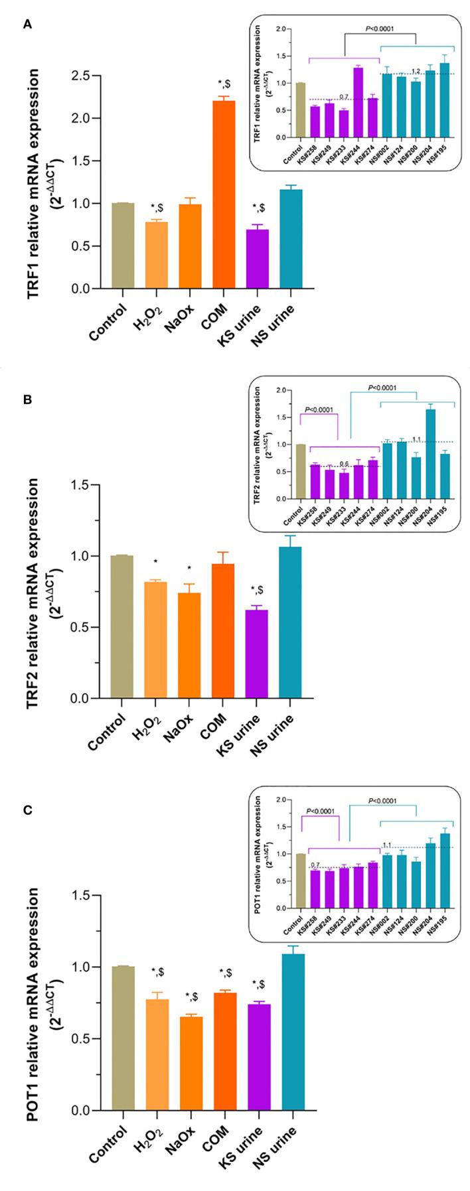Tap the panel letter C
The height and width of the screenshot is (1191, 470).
point(27,809)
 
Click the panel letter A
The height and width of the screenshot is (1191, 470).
point(27,25)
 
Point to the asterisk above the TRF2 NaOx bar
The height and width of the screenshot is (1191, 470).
point(189,569)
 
